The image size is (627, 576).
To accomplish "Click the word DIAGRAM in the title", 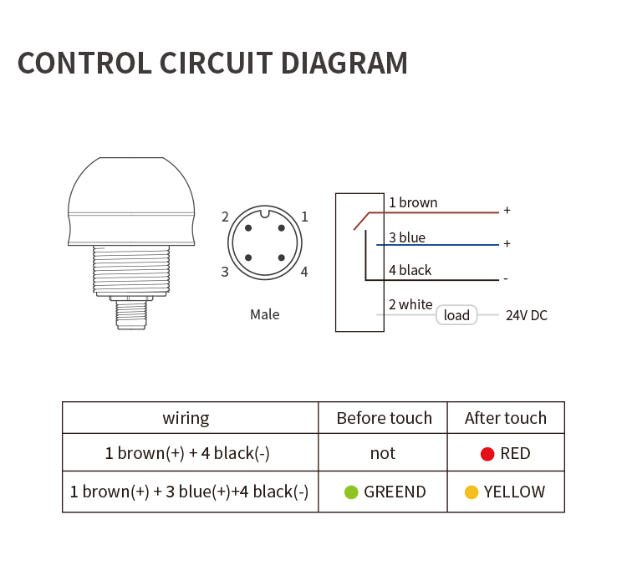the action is pyautogui.click(x=344, y=64).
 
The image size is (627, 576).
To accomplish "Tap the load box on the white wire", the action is pyautogui.click(x=456, y=315).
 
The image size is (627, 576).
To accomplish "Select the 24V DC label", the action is pyautogui.click(x=526, y=316).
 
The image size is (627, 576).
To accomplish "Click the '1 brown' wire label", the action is pyautogui.click(x=413, y=202).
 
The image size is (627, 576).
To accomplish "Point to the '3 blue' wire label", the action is pyautogui.click(x=407, y=237).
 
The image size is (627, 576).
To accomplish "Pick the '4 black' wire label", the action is pyautogui.click(x=410, y=270).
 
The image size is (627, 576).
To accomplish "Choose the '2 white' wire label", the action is pyautogui.click(x=410, y=304).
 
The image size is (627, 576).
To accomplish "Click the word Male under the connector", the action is pyautogui.click(x=265, y=314).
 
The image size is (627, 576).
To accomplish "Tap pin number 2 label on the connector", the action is pyautogui.click(x=225, y=217).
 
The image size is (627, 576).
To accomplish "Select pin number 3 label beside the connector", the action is pyautogui.click(x=225, y=272).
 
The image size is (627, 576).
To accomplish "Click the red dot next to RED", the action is pyautogui.click(x=487, y=454).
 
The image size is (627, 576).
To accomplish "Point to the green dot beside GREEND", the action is pyautogui.click(x=351, y=492).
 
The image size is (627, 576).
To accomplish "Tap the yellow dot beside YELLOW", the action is pyautogui.click(x=472, y=492).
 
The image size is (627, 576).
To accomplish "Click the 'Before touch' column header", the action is pyautogui.click(x=385, y=418).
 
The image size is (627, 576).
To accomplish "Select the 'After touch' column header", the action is pyautogui.click(x=506, y=418).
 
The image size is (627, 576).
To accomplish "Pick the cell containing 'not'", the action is pyautogui.click(x=383, y=452).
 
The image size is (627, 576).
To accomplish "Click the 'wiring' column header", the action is pyautogui.click(x=186, y=418).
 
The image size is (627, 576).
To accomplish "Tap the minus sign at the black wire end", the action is pyautogui.click(x=506, y=278).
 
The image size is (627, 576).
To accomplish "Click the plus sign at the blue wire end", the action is pyautogui.click(x=507, y=243).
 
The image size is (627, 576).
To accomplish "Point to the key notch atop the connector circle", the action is pyautogui.click(x=265, y=214).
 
